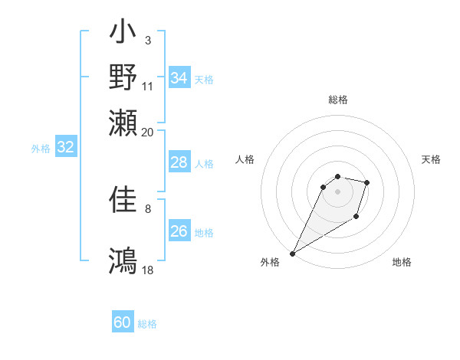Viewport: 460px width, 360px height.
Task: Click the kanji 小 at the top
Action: click(x=123, y=34)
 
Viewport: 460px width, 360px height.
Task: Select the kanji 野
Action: click(x=123, y=77)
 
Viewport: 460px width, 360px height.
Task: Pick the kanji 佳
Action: click(x=123, y=201)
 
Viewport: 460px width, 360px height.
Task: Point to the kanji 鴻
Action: click(x=123, y=260)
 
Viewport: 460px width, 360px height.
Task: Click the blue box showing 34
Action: click(x=179, y=78)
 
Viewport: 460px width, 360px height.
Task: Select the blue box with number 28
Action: click(x=179, y=162)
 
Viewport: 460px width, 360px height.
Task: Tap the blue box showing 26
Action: click(x=179, y=231)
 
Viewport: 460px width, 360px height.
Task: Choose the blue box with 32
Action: click(x=66, y=148)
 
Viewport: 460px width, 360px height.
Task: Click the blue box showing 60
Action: click(x=123, y=322)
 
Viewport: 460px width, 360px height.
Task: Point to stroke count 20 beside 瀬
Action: click(x=148, y=132)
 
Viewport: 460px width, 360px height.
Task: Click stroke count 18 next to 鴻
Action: click(x=148, y=270)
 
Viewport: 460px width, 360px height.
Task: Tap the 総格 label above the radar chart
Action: click(x=338, y=100)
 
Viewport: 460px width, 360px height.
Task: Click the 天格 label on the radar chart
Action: click(x=431, y=159)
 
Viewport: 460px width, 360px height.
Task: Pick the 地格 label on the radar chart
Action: click(x=402, y=263)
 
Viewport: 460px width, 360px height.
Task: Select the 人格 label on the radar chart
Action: click(x=245, y=159)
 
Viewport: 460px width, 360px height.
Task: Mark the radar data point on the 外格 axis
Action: click(x=292, y=254)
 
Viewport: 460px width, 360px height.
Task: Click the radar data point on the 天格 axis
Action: click(x=367, y=182)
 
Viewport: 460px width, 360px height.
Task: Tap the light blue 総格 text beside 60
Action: click(x=148, y=324)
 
